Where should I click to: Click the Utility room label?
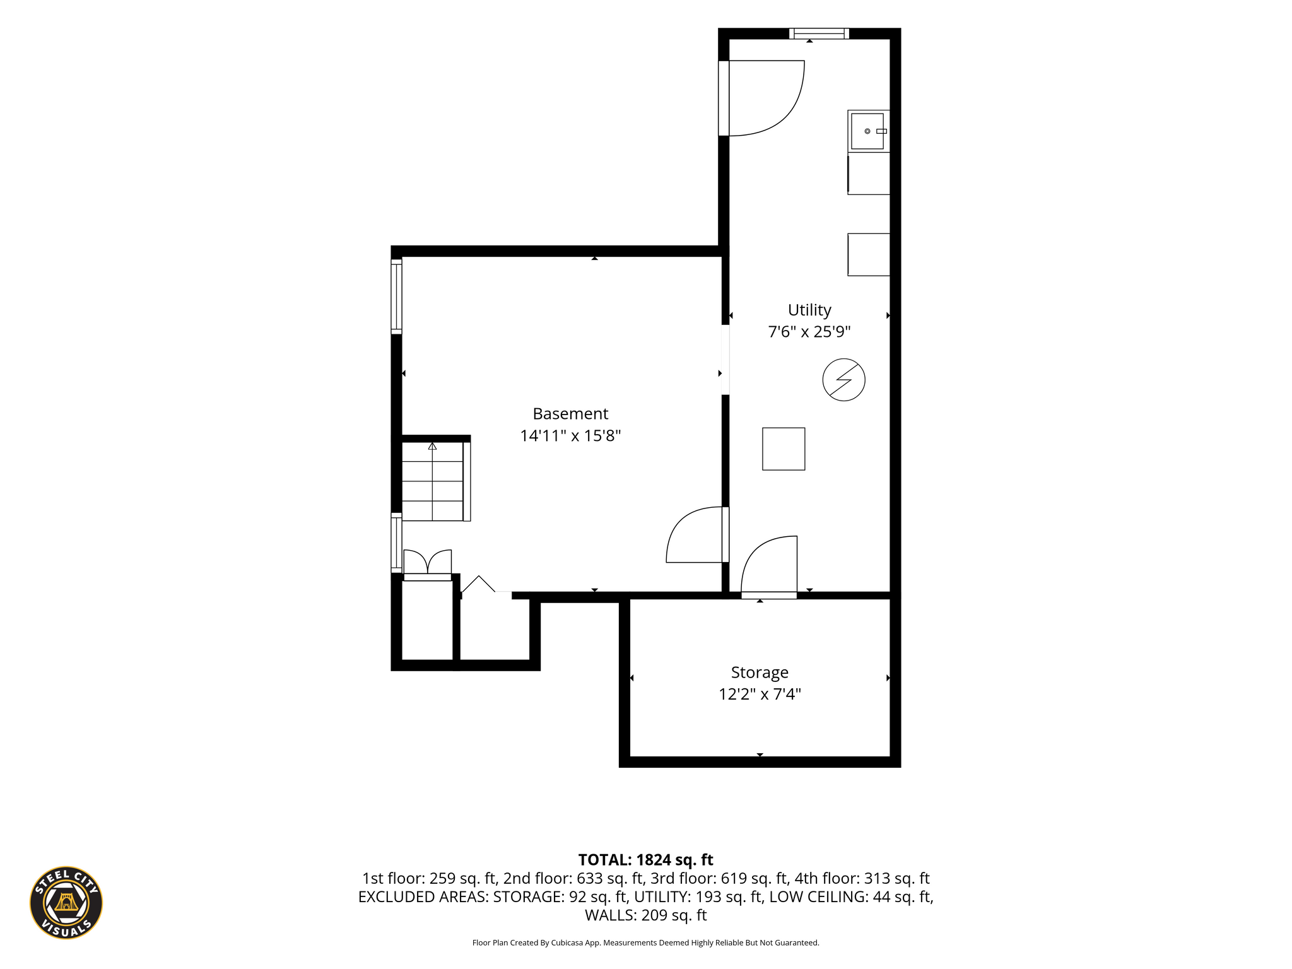pyautogui.click(x=809, y=310)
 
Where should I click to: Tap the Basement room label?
pyautogui.click(x=570, y=414)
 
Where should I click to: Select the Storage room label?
pyautogui.click(x=760, y=672)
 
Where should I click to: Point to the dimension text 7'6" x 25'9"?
pyautogui.click(x=809, y=332)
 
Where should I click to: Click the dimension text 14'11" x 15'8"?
pyautogui.click(x=570, y=436)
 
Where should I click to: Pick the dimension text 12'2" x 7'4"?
pyautogui.click(x=760, y=695)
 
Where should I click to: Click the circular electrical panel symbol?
pyautogui.click(x=843, y=380)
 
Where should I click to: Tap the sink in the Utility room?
pyautogui.click(x=869, y=131)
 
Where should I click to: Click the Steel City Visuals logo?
pyautogui.click(x=66, y=902)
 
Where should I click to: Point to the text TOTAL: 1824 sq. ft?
pyautogui.click(x=645, y=860)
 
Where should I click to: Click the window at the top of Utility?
pyautogui.click(x=819, y=33)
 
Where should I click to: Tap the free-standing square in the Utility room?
pyautogui.click(x=784, y=449)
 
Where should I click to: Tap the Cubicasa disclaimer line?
pyautogui.click(x=645, y=943)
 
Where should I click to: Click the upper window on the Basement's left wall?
pyautogui.click(x=396, y=296)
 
